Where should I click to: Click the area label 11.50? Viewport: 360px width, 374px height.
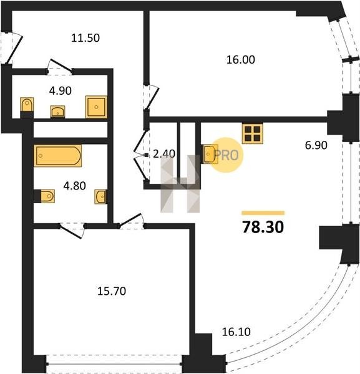[x=85, y=38]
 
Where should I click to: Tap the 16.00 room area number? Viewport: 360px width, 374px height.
[x=241, y=60]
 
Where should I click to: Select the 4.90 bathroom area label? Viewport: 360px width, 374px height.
[x=61, y=91]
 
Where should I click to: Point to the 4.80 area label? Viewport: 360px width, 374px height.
[x=74, y=186]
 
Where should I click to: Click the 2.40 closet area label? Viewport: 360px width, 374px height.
[x=164, y=154]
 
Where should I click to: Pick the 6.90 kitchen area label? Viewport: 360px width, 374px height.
[x=316, y=145]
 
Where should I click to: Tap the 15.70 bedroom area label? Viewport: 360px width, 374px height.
[x=112, y=291]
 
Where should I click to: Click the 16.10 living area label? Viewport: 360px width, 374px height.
[x=236, y=332]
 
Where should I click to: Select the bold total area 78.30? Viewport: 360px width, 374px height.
[x=263, y=227]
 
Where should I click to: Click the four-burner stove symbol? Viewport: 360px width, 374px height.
[x=253, y=133]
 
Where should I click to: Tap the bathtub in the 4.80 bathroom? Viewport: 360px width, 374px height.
[x=58, y=155]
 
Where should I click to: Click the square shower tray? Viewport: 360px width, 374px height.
[x=96, y=107]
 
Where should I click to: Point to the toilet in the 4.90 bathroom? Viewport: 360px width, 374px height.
[x=27, y=105]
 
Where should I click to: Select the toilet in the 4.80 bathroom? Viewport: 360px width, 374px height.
[x=47, y=196]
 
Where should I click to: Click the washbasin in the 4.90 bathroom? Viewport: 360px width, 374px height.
[x=57, y=112]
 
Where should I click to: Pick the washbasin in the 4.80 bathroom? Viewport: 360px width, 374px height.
[x=100, y=196]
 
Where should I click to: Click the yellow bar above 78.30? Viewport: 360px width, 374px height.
[x=263, y=213]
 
